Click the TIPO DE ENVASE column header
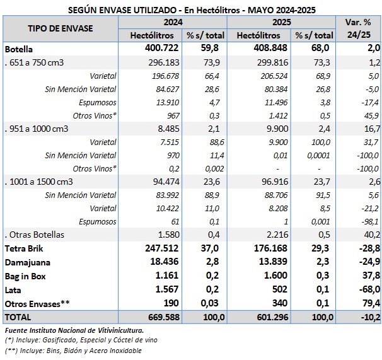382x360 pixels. pyautogui.click(x=61, y=28)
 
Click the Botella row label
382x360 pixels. pyautogui.click(x=19, y=49)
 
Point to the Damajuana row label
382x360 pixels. pyautogui.click(x=27, y=262)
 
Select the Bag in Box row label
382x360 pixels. pyautogui.click(x=25, y=276)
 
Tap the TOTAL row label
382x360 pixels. pyautogui.click(x=18, y=316)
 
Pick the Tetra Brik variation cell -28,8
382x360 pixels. pyautogui.click(x=368, y=248)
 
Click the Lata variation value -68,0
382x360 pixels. pyautogui.click(x=368, y=289)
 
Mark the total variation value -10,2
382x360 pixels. pyautogui.click(x=368, y=316)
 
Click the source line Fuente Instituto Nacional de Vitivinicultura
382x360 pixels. pyautogui.click(x=74, y=330)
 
